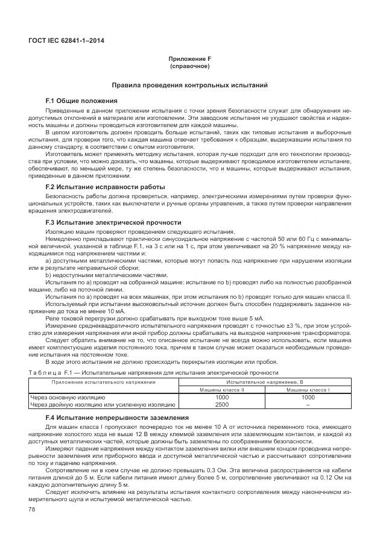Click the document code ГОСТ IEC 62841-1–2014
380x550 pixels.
[x=62, y=42]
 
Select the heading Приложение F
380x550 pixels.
[x=189, y=60]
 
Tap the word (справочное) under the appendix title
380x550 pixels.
[x=189, y=66]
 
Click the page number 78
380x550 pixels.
[x=33, y=509]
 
